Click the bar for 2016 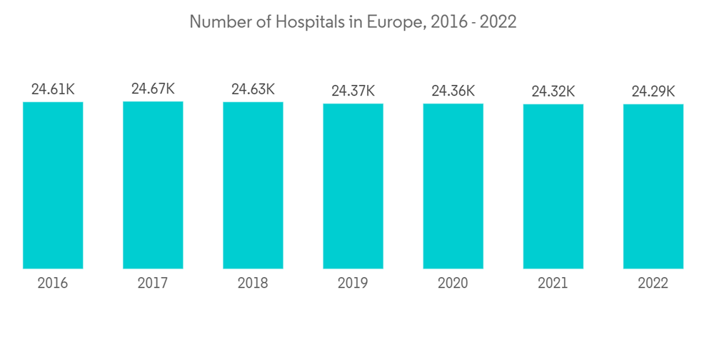pyautogui.click(x=53, y=186)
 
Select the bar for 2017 pyautogui.click(x=153, y=186)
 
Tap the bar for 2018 pyautogui.click(x=253, y=186)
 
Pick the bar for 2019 pyautogui.click(x=353, y=186)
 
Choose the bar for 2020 pyautogui.click(x=453, y=186)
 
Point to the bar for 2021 pyautogui.click(x=553, y=186)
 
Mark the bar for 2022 pyautogui.click(x=653, y=186)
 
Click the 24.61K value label pyautogui.click(x=53, y=90)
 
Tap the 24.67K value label pyautogui.click(x=153, y=89)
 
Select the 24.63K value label pyautogui.click(x=253, y=90)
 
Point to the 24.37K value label pyautogui.click(x=353, y=91)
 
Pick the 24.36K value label pyautogui.click(x=453, y=91)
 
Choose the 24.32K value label pyautogui.click(x=553, y=91)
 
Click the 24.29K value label pyautogui.click(x=653, y=91)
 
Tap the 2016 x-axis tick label pyautogui.click(x=53, y=284)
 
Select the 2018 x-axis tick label pyautogui.click(x=253, y=284)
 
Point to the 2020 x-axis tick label pyautogui.click(x=453, y=284)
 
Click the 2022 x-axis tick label pyautogui.click(x=653, y=284)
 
